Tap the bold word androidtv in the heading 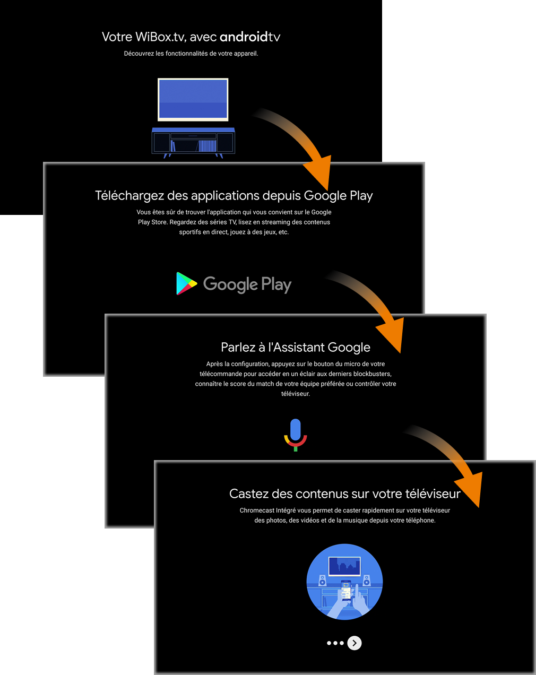tap(249, 37)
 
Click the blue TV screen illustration tap(193, 99)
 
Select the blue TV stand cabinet tap(193, 141)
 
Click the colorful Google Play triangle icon tap(186, 283)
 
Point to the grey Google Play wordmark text tap(247, 284)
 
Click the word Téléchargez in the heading tap(129, 196)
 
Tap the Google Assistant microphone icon tap(296, 434)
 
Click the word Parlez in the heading tap(238, 348)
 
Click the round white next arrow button tap(355, 643)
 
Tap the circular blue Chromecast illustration tap(345, 582)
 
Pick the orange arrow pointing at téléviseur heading tap(456, 462)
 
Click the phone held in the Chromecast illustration tap(346, 590)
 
